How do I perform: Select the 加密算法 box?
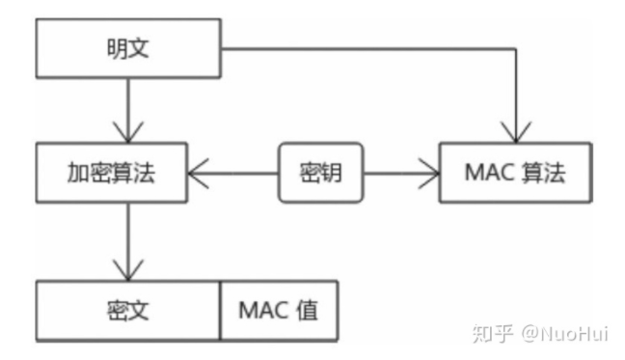pos(111,174)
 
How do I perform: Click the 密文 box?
pos(127,311)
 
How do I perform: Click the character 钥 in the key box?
pos(334,174)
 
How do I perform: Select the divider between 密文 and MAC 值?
pos(220,311)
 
